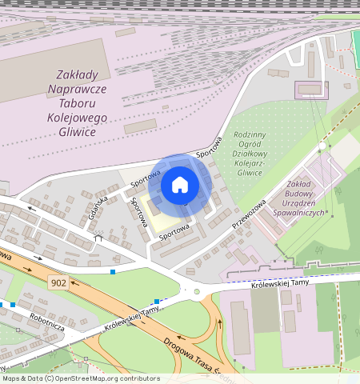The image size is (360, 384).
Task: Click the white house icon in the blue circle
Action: click(x=180, y=186)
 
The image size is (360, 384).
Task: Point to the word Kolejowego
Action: click(x=78, y=118)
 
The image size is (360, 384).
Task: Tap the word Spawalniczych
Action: click(x=298, y=213)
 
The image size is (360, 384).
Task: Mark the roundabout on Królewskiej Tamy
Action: click(x=196, y=291)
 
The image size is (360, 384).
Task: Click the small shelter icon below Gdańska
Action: click(x=98, y=238)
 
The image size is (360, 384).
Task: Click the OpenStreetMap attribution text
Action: click(x=80, y=378)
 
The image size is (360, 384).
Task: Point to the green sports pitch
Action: click(x=355, y=50)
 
